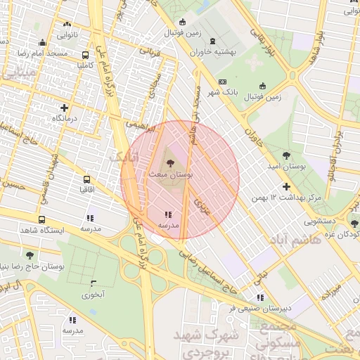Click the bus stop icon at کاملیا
(85, 55)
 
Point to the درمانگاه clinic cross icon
(65, 108)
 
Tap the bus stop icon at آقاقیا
(86, 180)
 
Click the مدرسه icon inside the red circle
(168, 214)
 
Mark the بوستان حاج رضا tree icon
(30, 255)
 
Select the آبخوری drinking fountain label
(96, 295)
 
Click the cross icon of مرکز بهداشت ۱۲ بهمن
(286, 187)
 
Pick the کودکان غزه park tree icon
(354, 224)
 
